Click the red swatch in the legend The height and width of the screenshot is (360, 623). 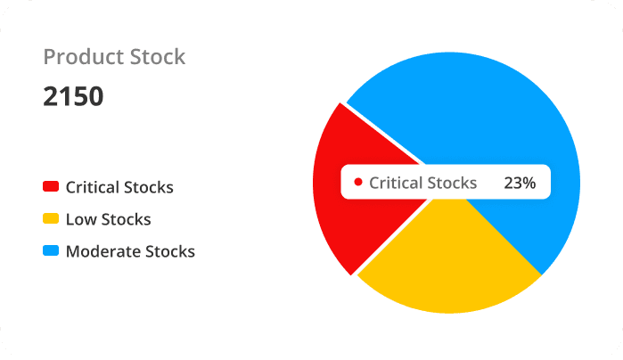[x=51, y=187]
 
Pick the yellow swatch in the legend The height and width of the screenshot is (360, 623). [x=51, y=219]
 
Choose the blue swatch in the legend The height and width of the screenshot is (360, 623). [x=51, y=251]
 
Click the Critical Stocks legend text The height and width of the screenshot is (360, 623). [x=119, y=187]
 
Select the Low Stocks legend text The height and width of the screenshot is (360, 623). [x=108, y=219]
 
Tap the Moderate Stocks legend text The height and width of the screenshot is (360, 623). [x=130, y=251]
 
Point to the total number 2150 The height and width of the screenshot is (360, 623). [x=73, y=96]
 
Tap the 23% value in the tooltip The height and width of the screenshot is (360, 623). [x=520, y=183]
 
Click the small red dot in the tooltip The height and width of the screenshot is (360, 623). [x=357, y=183]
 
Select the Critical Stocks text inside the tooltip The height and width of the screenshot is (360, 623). [x=422, y=183]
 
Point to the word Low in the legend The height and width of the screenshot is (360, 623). [x=79, y=219]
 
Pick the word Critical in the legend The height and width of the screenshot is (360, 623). [x=93, y=187]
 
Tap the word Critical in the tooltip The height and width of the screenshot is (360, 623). [x=396, y=183]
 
